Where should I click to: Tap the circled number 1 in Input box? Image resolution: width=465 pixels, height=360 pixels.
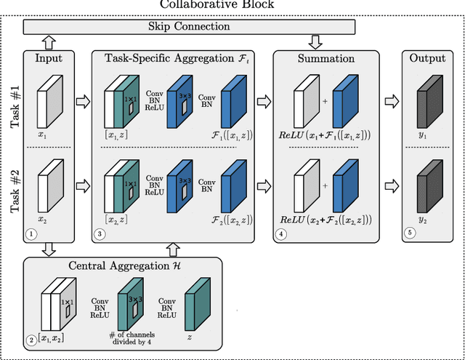31,235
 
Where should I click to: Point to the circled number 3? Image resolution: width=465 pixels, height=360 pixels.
100,235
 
